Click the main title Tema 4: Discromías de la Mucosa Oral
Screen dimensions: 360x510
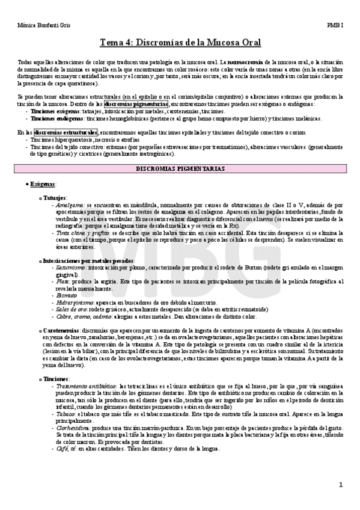[180, 43]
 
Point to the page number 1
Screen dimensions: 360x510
[341, 484]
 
